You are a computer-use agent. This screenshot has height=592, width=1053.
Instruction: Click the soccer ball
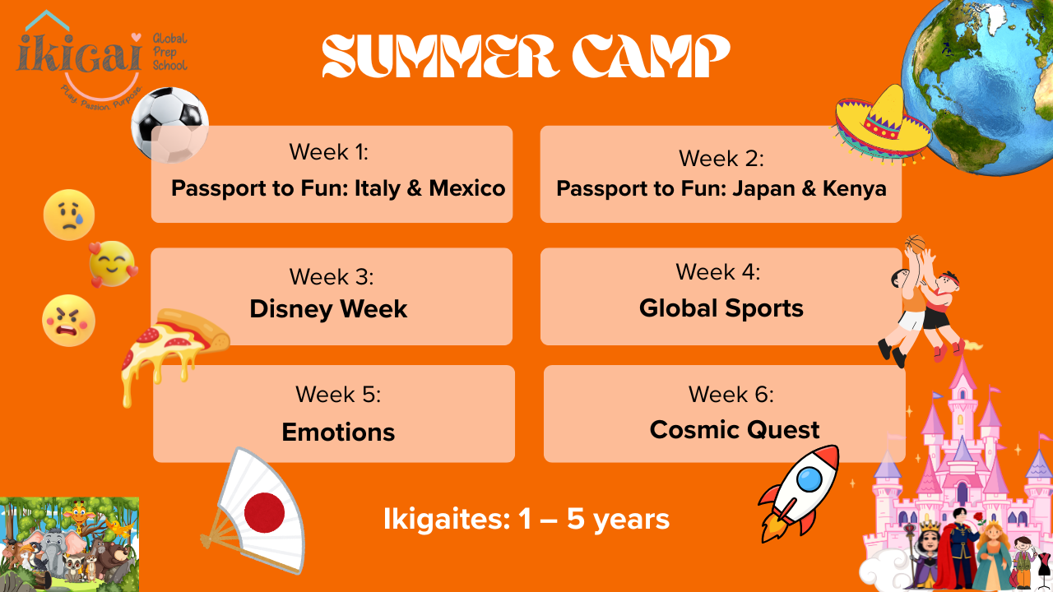(x=169, y=125)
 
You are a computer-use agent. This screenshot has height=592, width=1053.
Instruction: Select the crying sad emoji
(x=69, y=215)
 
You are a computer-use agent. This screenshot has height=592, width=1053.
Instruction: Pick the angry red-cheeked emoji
(x=68, y=321)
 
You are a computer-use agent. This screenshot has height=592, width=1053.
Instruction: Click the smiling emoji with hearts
(x=113, y=264)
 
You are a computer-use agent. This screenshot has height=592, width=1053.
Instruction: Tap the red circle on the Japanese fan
(x=264, y=512)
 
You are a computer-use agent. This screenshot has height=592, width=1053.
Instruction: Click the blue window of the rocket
(x=809, y=479)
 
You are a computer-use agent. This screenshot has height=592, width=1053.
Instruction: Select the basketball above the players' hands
(x=915, y=244)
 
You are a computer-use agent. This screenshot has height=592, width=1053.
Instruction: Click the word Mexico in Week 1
(x=466, y=188)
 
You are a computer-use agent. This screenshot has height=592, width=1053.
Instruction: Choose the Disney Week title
(x=328, y=309)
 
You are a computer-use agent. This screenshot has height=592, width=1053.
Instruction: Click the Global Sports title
(x=721, y=308)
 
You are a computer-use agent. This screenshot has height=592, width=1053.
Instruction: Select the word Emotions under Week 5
(x=338, y=432)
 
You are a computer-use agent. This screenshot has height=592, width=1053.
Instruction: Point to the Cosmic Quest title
(x=735, y=429)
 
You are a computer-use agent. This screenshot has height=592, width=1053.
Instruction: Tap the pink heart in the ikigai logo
(x=136, y=37)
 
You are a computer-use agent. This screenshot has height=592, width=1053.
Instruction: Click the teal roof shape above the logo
(x=47, y=20)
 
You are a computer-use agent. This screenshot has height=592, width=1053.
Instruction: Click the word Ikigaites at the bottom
(x=447, y=520)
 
